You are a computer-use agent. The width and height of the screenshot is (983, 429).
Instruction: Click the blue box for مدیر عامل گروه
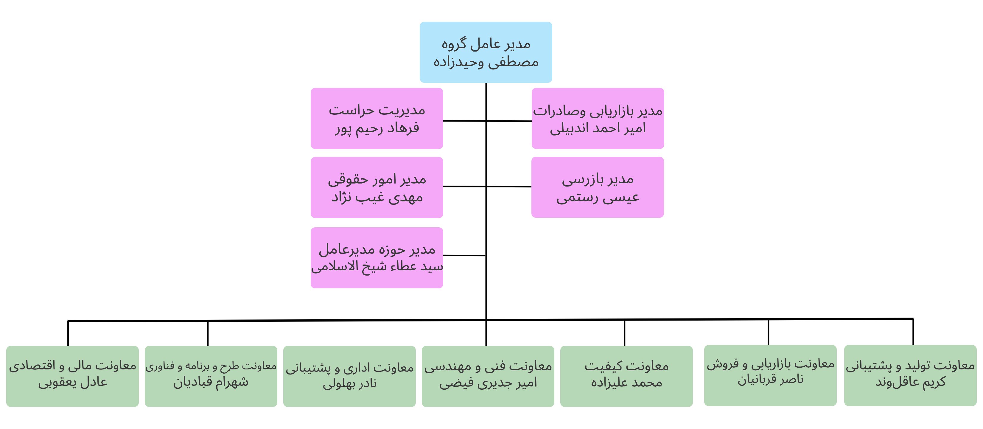click(486, 52)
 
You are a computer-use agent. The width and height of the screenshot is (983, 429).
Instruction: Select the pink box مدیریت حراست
click(377, 118)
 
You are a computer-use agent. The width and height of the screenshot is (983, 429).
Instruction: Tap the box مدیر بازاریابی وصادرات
click(598, 118)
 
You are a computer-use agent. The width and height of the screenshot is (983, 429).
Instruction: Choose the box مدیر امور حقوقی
click(377, 187)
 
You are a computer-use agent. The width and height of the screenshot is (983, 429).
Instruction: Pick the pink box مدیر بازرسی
click(598, 187)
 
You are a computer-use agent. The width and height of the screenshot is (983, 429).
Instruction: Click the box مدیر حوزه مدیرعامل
click(377, 258)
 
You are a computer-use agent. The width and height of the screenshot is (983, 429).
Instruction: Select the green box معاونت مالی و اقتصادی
click(72, 376)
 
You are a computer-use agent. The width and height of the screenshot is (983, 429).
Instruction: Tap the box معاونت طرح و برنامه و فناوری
click(211, 376)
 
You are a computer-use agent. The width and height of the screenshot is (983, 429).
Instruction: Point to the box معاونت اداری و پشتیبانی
click(349, 376)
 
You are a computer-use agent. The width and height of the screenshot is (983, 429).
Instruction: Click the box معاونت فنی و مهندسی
click(488, 376)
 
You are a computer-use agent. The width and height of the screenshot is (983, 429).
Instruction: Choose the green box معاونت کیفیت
click(626, 376)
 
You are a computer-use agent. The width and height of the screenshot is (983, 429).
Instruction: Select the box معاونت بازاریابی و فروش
click(770, 376)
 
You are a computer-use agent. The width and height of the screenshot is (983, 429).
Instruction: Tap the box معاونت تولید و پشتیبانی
click(911, 376)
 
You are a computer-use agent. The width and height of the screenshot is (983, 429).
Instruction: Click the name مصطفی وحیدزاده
click(486, 62)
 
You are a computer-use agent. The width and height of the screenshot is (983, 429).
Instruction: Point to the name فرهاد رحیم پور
click(377, 129)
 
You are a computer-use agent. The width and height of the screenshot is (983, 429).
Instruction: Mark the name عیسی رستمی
click(598, 197)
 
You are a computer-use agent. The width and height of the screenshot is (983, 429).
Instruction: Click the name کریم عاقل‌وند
click(911, 382)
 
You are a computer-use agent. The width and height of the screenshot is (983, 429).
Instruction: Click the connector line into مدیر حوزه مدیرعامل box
click(464, 255)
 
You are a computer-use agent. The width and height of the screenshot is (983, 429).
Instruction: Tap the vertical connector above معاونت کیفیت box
click(624, 333)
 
